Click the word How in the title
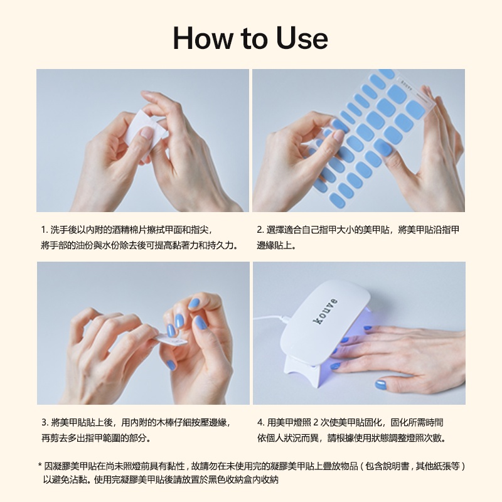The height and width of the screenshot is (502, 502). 203,38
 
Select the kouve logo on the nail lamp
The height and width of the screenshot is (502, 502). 324,311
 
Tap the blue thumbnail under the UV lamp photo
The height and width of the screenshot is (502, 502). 381,385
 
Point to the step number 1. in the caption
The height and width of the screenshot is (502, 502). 45,230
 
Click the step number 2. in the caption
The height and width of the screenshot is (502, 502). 260,230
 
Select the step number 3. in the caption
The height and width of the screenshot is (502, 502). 45,422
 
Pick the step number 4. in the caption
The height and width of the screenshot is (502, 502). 261,422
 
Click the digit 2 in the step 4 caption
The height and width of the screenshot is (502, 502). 316,422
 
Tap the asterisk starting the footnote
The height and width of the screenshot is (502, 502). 40,465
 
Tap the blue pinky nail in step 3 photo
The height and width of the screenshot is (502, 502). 171,365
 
